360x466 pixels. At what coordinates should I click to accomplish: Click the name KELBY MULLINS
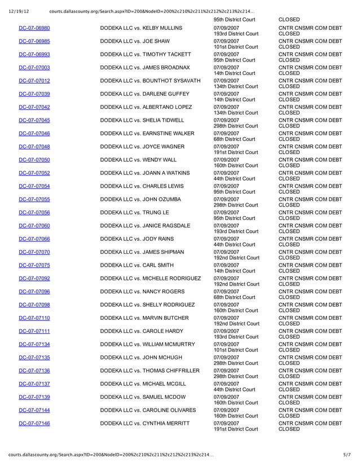pos(162,28)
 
